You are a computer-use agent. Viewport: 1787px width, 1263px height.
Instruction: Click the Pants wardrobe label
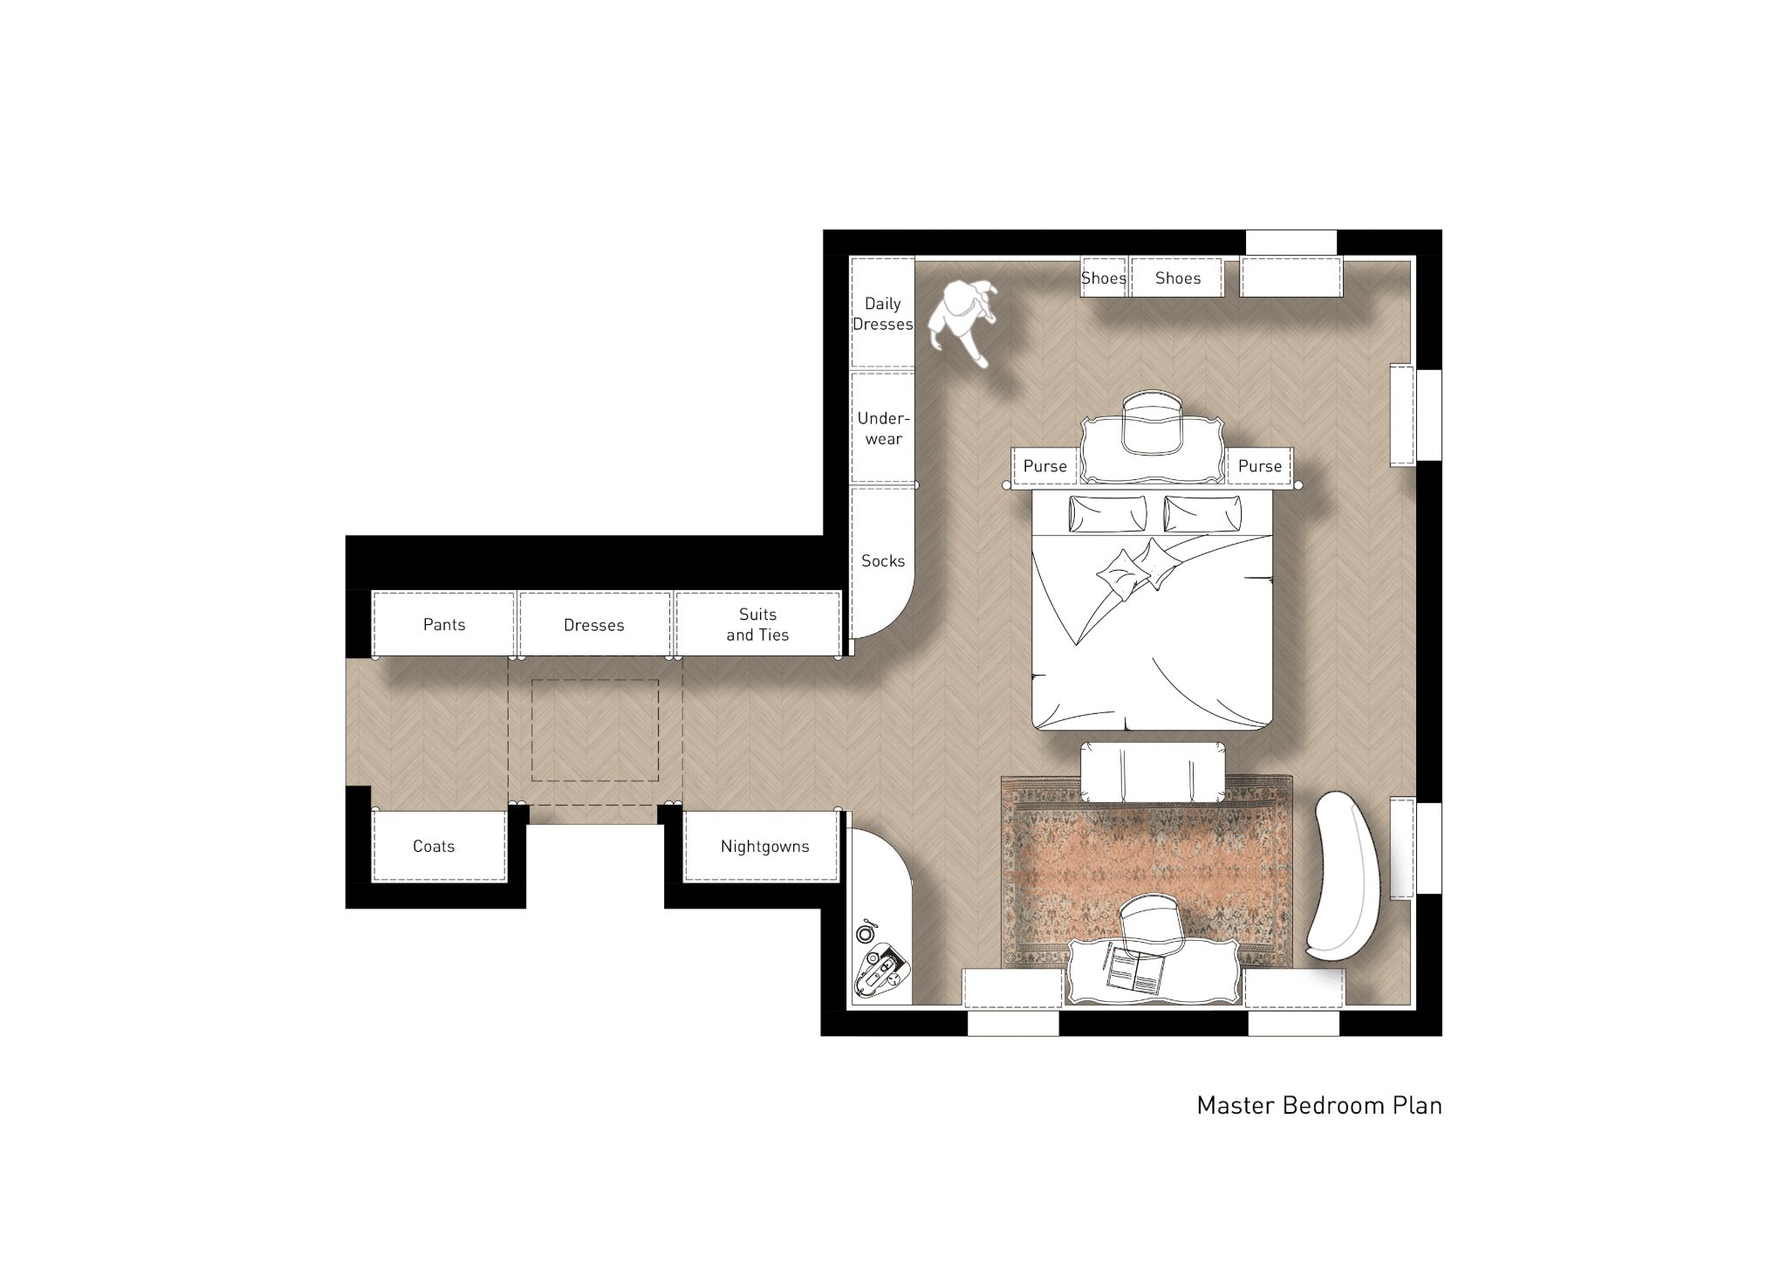444,624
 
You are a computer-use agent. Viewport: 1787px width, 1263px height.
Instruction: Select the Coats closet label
434,846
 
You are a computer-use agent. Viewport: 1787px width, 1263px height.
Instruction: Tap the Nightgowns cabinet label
764,847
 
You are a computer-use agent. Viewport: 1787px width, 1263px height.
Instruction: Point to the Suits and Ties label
757,625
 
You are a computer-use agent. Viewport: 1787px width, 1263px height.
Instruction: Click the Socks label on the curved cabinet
883,561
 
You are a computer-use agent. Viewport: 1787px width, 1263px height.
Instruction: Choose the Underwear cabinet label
883,429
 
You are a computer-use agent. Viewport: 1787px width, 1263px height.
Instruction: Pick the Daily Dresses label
883,313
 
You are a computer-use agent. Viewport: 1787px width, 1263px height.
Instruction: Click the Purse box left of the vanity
1045,465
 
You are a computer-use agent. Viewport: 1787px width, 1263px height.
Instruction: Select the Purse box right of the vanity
1260,465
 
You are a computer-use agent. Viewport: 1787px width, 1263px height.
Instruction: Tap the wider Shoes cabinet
1177,277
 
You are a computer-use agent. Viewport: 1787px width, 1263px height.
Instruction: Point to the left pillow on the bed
1107,513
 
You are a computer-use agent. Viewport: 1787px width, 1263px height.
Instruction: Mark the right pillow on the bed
1202,513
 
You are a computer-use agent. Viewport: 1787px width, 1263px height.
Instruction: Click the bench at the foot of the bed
1152,772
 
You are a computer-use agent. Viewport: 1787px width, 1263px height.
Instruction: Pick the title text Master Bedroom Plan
1319,1105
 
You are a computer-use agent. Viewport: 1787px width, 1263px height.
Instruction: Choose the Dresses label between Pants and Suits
594,625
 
